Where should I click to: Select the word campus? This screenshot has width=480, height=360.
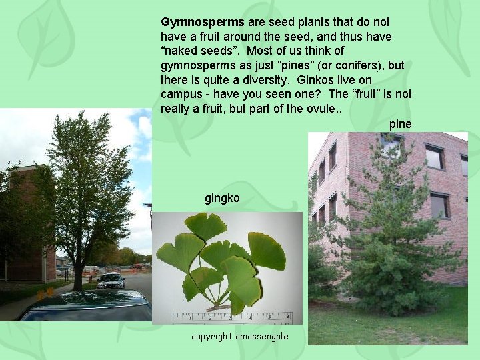[x=179, y=94]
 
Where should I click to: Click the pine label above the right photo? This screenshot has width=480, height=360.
[x=400, y=124]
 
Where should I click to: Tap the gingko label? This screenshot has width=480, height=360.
[x=222, y=198]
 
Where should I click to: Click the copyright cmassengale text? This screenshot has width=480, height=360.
[x=240, y=336]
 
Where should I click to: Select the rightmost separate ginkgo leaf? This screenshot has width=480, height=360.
[x=267, y=251]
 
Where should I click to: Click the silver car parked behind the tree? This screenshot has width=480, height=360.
[x=111, y=281]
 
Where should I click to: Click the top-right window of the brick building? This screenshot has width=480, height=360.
[x=464, y=165]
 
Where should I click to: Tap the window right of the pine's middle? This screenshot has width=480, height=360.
[x=439, y=205]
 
